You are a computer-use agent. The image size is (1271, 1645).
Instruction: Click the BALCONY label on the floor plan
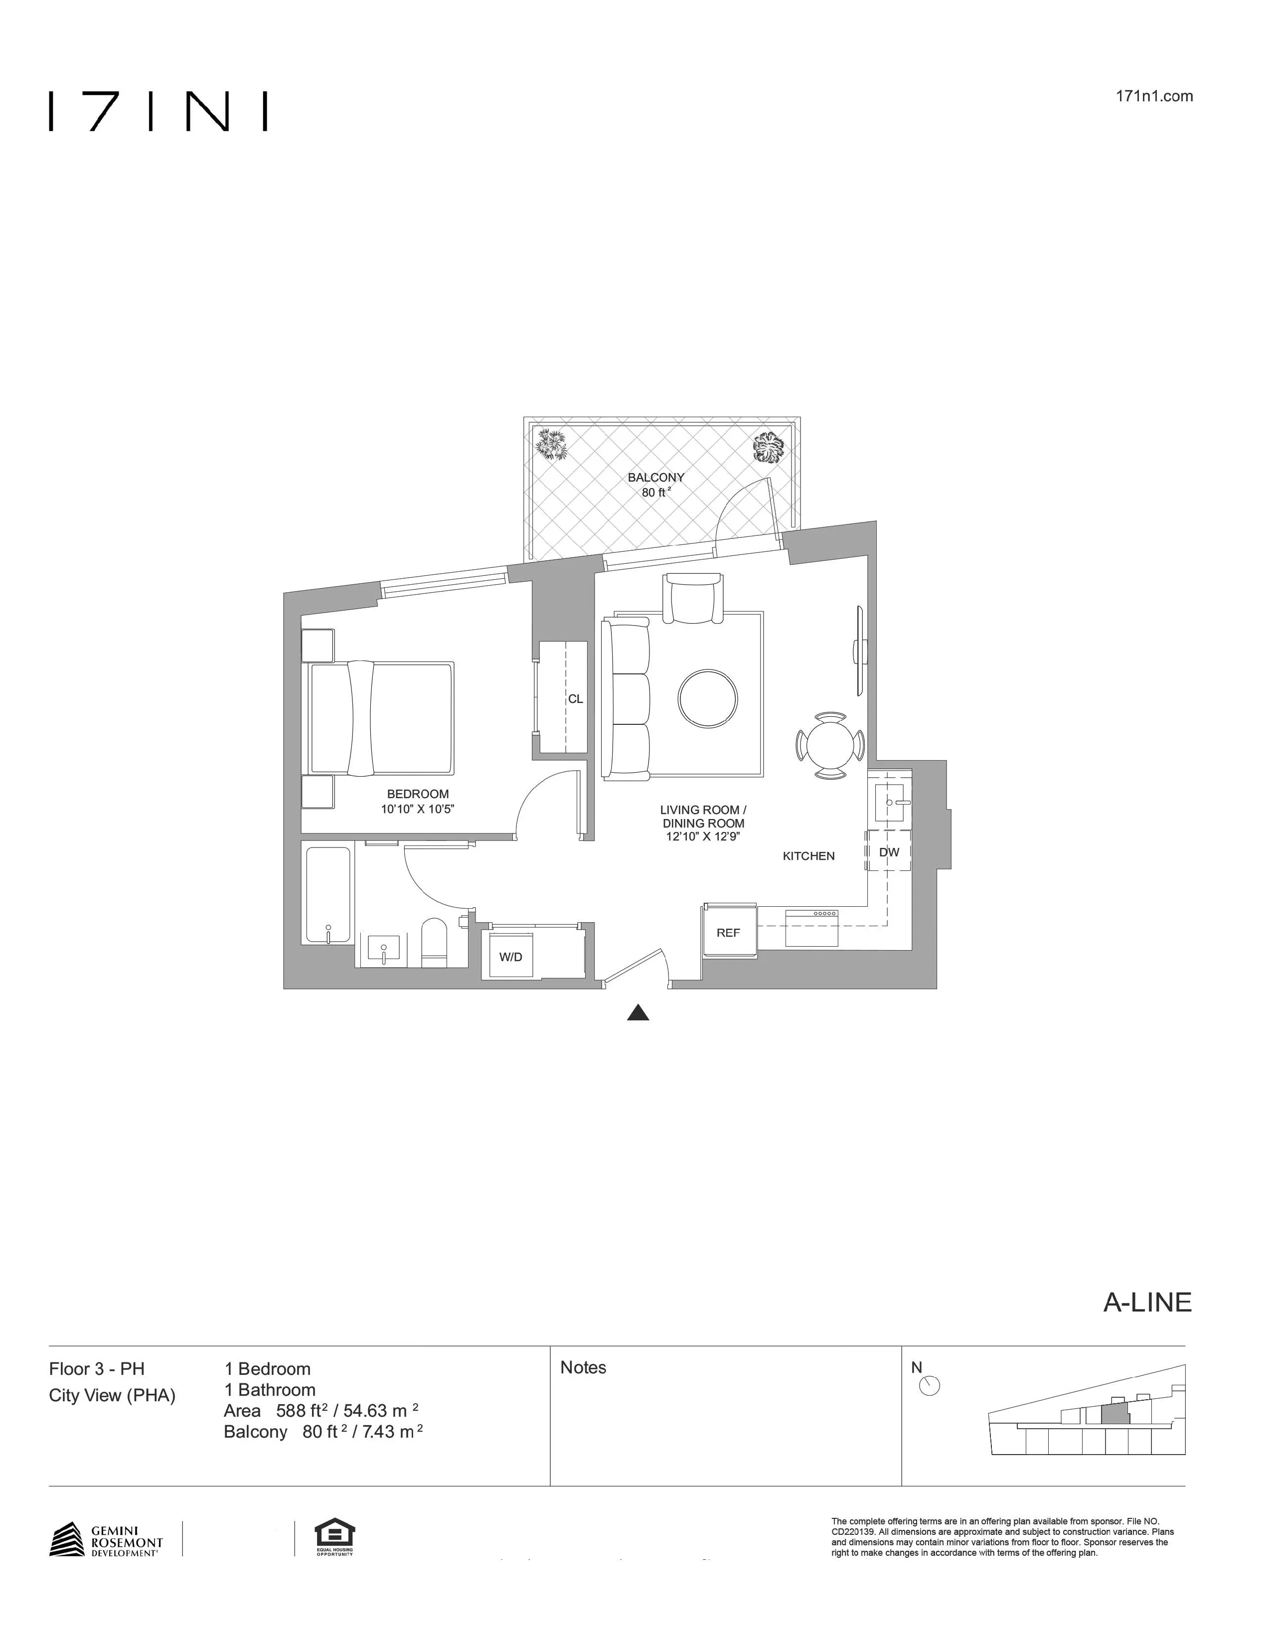coord(656,477)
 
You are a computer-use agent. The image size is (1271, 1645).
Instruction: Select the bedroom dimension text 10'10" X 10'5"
coord(418,809)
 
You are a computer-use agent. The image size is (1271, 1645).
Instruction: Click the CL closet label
coord(575,699)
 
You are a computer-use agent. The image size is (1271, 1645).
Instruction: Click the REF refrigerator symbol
coord(728,933)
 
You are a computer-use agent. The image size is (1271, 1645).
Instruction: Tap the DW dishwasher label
coord(889,852)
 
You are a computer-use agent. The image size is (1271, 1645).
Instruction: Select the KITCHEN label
coord(808,855)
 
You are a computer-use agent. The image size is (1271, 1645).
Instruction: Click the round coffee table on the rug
coord(708,699)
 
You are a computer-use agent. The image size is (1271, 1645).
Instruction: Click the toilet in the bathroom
coord(435,942)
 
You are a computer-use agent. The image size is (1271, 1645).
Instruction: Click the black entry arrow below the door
coord(638,1013)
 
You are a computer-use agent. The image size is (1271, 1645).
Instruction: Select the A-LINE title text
coord(1147,1303)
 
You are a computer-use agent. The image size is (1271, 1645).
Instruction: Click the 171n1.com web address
coord(1156,96)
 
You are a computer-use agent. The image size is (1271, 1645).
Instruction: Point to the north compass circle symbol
coord(931,1386)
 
